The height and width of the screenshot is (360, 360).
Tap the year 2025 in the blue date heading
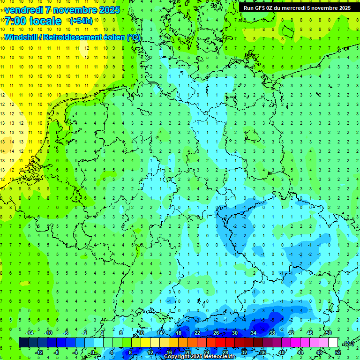coord(108,10)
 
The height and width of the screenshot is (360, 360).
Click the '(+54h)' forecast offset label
coord(81,21)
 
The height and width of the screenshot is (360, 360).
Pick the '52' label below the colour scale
coord(338,352)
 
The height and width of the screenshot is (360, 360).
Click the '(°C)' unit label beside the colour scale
coord(348,343)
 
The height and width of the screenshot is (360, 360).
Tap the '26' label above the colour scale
coord(216,333)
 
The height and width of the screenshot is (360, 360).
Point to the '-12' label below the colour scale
coord(39,352)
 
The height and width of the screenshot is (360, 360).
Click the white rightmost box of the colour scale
coord(333,343)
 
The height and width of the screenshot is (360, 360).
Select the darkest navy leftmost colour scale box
coord(23,343)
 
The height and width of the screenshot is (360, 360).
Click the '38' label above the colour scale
coord(272,333)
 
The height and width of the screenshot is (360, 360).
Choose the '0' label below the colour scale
coord(93,352)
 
